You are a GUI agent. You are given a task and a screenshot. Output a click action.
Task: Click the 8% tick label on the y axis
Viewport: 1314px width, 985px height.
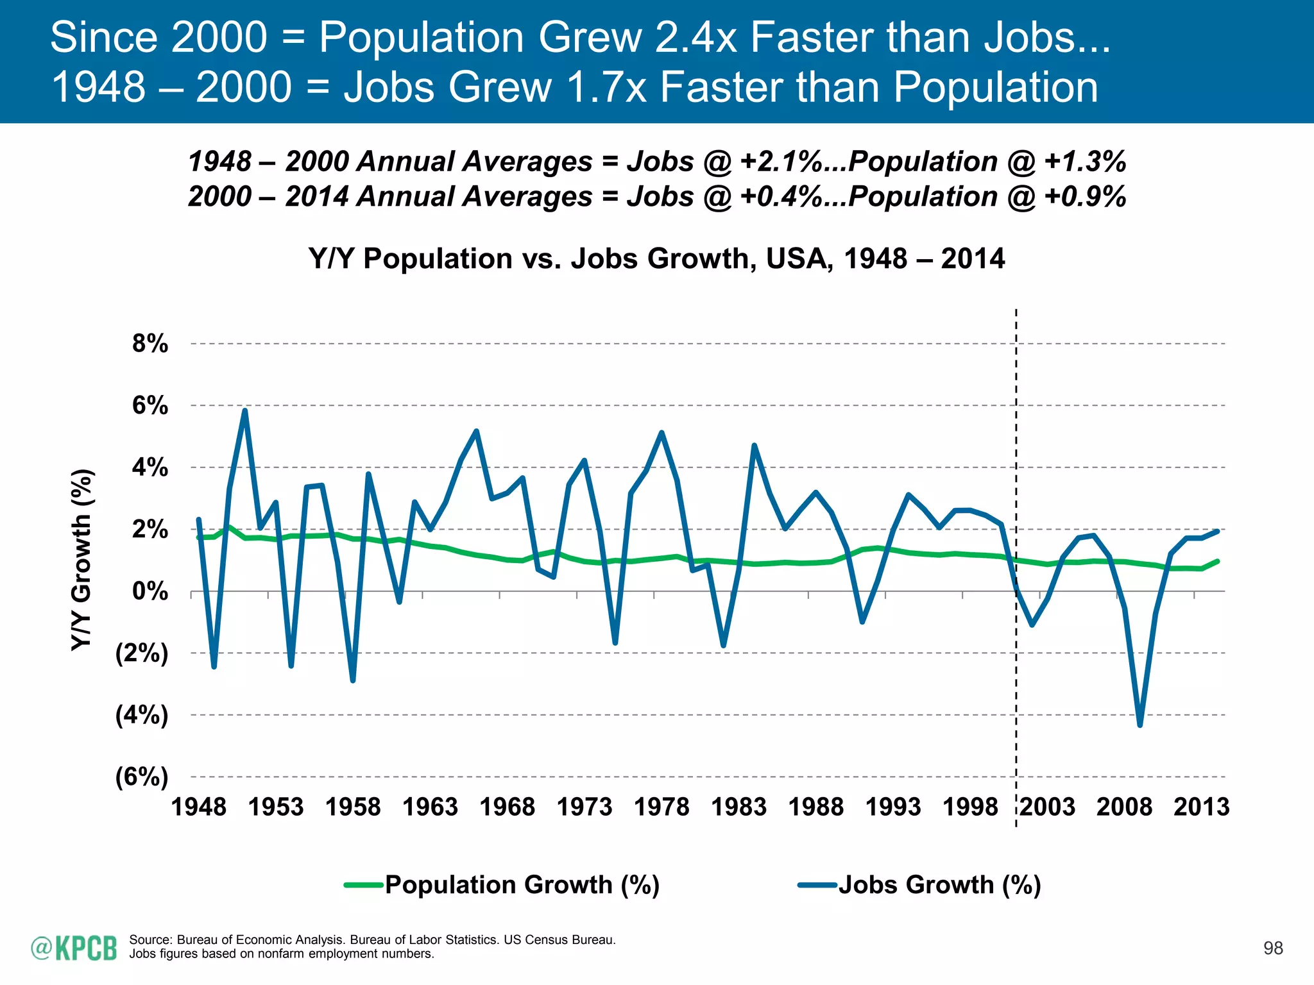coord(149,344)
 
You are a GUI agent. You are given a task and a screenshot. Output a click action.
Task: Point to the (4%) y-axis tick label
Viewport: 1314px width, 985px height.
coord(141,715)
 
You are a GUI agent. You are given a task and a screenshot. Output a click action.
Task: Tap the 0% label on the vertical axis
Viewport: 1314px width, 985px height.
coord(149,591)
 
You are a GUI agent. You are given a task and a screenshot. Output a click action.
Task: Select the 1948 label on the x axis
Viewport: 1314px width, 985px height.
coord(198,807)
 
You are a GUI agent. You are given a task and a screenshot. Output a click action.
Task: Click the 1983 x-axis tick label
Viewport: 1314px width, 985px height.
coord(738,807)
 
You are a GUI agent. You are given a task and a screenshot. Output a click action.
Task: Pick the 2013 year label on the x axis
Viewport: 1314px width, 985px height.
coord(1201,807)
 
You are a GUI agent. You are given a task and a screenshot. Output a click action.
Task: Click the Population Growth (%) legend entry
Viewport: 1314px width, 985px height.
coord(522,885)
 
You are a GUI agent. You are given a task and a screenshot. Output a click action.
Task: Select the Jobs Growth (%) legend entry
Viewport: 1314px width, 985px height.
coord(939,885)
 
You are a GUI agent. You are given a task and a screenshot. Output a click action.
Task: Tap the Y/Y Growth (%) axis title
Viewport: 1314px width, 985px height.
coord(81,560)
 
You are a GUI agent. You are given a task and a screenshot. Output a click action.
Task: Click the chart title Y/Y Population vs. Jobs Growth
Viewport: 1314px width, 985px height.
coord(656,258)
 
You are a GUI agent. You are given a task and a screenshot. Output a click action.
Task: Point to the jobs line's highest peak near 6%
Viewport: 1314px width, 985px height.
coord(245,410)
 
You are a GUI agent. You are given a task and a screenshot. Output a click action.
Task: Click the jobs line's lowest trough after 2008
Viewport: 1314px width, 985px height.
coord(1140,725)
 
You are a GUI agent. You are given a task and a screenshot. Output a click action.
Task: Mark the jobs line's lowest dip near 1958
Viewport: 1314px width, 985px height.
coord(353,680)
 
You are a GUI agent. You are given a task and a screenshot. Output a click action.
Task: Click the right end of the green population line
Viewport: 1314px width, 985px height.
coord(1217,561)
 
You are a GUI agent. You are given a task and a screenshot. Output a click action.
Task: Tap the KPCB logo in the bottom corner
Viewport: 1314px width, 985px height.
coord(74,948)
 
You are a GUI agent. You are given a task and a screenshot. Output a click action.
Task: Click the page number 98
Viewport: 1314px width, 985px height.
coord(1273,948)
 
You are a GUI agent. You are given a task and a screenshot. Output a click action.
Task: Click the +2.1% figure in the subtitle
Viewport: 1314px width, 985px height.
coord(780,161)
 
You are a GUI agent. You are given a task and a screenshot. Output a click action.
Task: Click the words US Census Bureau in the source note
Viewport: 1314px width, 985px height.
coord(559,940)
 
